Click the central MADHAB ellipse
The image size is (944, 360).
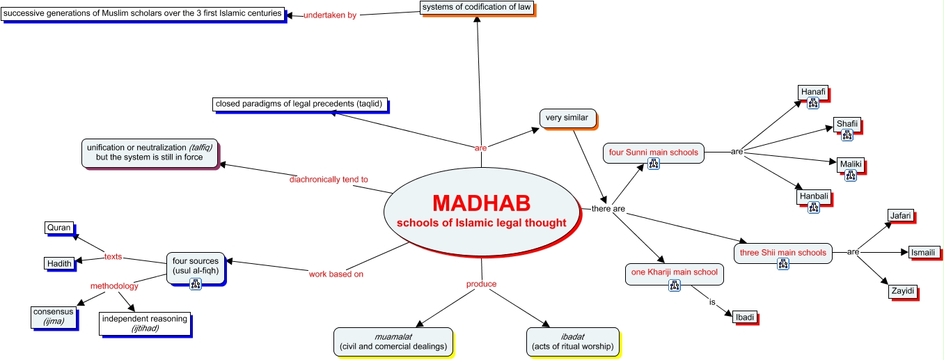[x=481, y=212]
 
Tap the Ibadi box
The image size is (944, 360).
[x=744, y=317]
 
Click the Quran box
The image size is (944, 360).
[x=58, y=228]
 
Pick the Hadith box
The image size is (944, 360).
[x=59, y=263]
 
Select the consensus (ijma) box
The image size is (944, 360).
[x=53, y=316]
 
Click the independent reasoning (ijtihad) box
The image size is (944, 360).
[x=144, y=323]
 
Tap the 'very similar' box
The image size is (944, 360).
[x=567, y=118]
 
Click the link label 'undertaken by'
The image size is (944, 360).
[x=330, y=15]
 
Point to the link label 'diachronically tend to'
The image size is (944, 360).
[x=329, y=180]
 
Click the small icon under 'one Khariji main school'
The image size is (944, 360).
[x=674, y=285]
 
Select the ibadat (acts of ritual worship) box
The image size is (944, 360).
[x=572, y=341]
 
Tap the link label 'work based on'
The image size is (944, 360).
[x=336, y=274]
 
